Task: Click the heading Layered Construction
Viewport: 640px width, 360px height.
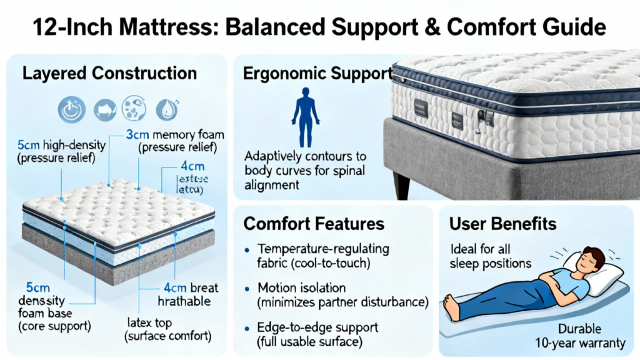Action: tap(109, 72)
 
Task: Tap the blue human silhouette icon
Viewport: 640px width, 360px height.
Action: tap(306, 117)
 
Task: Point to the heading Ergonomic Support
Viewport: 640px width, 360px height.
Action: tap(316, 73)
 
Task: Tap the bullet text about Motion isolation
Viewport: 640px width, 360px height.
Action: tap(343, 295)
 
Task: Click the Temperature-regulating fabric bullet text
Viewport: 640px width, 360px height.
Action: tap(323, 256)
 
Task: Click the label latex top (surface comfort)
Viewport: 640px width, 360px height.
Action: tap(167, 329)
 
